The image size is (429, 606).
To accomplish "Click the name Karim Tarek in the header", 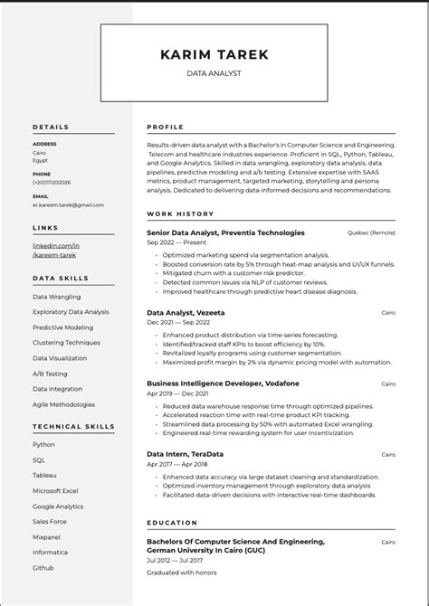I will coord(214,54).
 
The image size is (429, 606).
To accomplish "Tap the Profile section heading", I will coord(165,128).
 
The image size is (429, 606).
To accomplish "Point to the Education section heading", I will coord(172,522).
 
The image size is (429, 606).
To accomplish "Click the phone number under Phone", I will coord(52,182).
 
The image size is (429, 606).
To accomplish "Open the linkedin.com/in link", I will coord(56,245).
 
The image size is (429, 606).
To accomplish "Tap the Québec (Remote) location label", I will coord(371,232).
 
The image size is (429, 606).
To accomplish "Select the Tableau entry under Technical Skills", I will coord(44,475).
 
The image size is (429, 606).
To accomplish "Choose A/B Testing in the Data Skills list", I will coord(50,372).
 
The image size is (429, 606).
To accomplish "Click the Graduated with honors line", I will coord(182,572).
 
